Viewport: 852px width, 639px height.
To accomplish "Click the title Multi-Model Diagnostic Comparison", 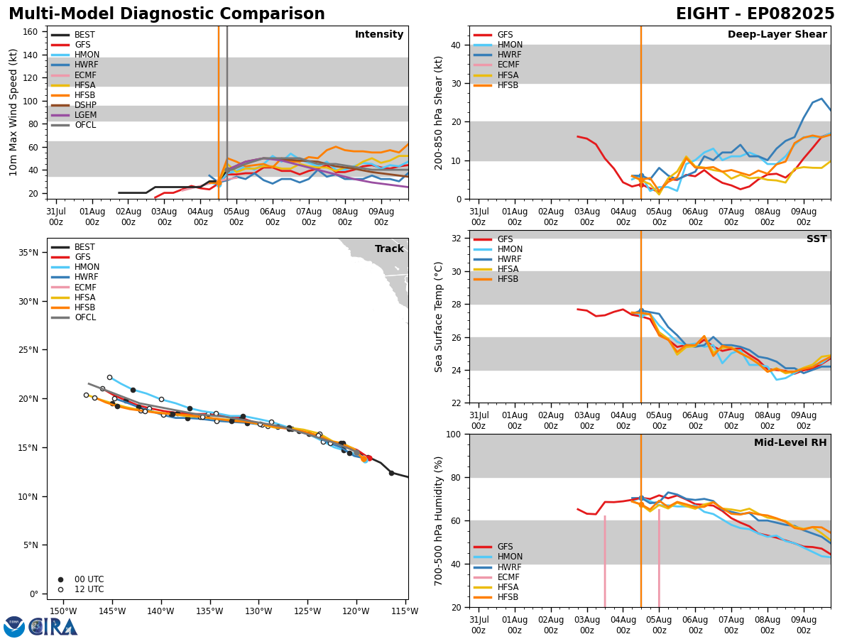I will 167,14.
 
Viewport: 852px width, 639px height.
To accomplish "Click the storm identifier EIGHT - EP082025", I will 755,14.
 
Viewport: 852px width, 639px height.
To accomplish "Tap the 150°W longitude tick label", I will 63,611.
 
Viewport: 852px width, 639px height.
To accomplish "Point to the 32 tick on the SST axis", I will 457,239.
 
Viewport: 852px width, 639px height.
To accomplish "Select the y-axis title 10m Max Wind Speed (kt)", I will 13,112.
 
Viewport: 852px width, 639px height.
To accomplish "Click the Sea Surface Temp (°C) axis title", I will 439,317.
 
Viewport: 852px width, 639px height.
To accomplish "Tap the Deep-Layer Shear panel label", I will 777,35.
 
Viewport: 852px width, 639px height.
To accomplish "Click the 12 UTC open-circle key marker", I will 60,589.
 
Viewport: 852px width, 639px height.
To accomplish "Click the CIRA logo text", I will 53,627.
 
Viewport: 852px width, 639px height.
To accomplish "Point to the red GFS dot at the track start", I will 368,458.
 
